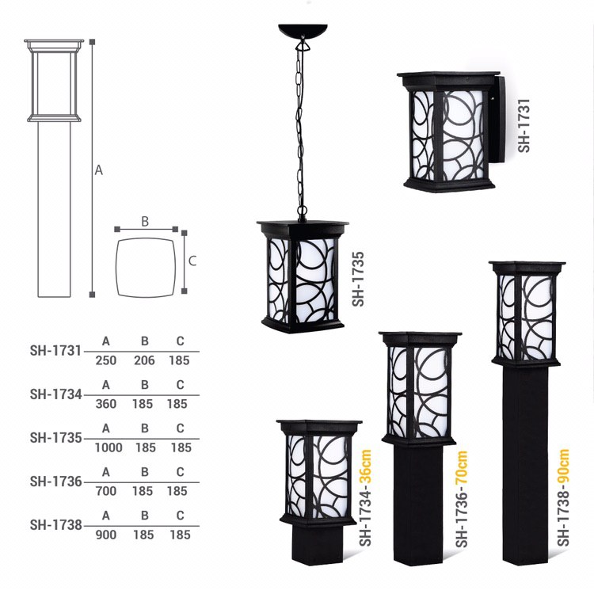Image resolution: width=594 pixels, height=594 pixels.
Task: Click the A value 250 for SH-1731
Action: click(x=105, y=360)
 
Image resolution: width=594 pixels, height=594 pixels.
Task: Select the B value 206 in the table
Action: click(x=144, y=360)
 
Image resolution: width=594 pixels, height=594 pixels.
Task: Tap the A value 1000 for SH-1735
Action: click(x=109, y=447)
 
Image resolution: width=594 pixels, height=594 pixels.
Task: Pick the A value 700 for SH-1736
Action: click(x=105, y=491)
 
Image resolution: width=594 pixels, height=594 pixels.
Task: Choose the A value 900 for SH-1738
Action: click(x=105, y=535)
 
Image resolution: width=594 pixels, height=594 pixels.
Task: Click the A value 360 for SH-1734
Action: click(x=105, y=404)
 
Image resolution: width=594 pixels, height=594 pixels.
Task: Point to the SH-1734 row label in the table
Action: click(x=56, y=394)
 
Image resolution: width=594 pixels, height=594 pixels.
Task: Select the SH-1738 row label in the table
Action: click(x=56, y=525)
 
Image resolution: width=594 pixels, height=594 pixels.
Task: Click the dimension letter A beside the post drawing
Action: click(x=99, y=170)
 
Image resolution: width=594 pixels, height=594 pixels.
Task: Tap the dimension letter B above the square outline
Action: click(x=145, y=222)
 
